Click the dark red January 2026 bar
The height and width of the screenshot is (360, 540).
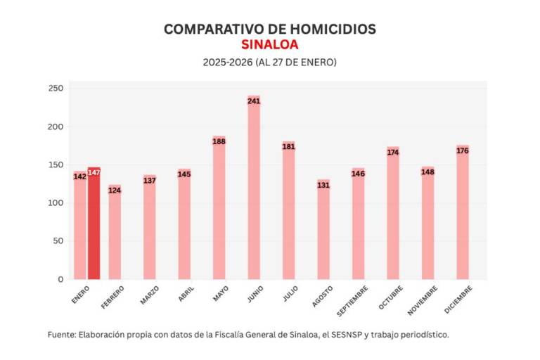94,225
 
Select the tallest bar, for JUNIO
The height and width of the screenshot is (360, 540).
254,190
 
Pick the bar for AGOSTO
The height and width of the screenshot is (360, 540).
323,232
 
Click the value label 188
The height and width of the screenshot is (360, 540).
219,141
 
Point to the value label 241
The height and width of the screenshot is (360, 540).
254,101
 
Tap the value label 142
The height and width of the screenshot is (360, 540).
80,176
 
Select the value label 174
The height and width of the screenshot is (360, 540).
393,152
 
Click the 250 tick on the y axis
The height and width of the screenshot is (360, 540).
56,89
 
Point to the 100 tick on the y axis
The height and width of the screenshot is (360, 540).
56,203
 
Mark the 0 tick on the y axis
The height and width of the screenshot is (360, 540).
60,279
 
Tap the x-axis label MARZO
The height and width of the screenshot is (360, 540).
149,295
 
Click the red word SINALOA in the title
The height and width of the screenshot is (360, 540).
270,44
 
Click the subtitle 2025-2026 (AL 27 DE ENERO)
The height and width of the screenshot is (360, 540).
270,62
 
